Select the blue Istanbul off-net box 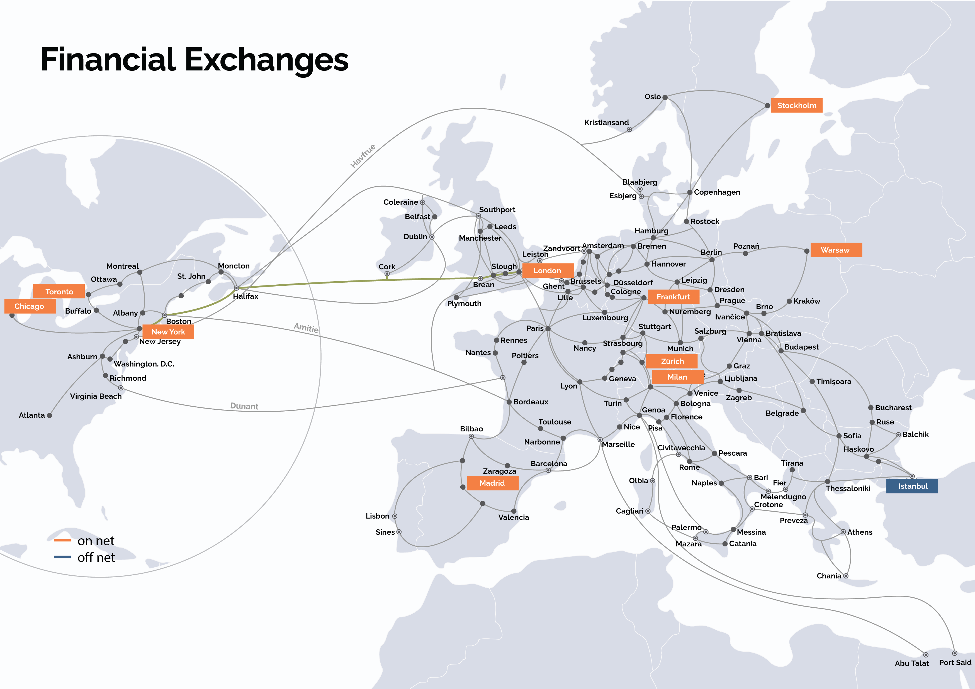tap(912, 486)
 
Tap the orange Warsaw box tap(836, 250)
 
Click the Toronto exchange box tap(59, 292)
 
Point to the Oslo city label tap(652, 97)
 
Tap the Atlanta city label tap(31, 415)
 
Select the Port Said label tap(955, 663)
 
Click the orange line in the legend tap(62, 540)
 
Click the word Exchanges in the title tap(266, 59)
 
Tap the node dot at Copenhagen tap(690, 192)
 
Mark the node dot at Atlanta tap(50, 416)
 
